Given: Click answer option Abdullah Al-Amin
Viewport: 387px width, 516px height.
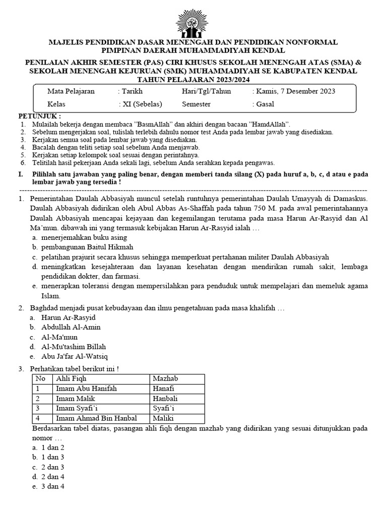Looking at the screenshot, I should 71,327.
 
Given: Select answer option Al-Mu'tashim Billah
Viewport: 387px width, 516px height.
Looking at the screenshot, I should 75,347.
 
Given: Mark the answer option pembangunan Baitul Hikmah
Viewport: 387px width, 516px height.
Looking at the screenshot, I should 87,247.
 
